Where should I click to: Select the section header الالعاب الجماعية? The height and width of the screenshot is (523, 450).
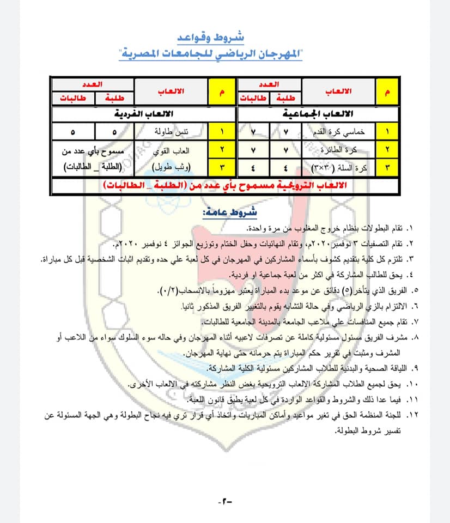pos(318,114)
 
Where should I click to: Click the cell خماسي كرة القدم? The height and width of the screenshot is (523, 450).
pos(335,132)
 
